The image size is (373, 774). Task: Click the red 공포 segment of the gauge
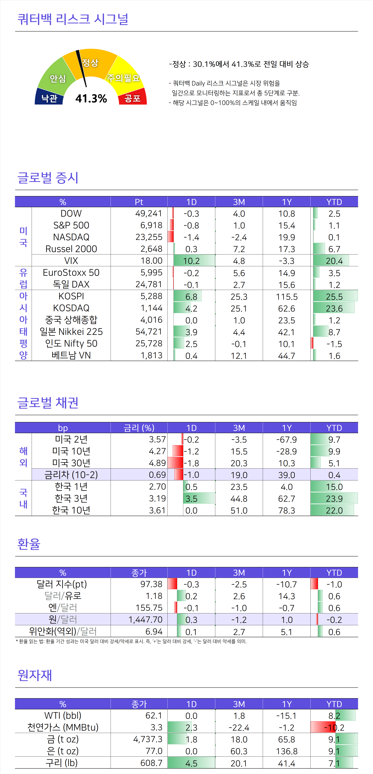coord(133,98)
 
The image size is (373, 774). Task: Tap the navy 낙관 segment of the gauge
coord(49,98)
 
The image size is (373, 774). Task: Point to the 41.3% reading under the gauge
coord(91,98)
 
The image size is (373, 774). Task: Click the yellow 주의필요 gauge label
coord(123,78)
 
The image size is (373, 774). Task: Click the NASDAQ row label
coord(71,237)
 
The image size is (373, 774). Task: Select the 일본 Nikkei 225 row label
coord(71,332)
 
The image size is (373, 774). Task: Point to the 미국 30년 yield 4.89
coord(157,463)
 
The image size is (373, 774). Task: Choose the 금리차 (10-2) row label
coord(71,475)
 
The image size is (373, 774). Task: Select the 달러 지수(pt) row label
coord(62,584)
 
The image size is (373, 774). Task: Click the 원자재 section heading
coord(35,675)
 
